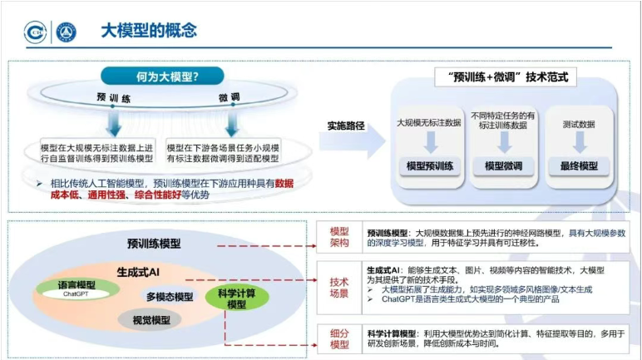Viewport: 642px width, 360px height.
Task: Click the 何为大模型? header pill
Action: pos(163,77)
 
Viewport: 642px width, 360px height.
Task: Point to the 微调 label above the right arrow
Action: pos(230,100)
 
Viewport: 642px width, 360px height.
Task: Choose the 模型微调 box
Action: pos(503,165)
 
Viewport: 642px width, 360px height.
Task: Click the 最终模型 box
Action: pos(580,165)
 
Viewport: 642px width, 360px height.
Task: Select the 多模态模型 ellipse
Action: pos(169,297)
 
